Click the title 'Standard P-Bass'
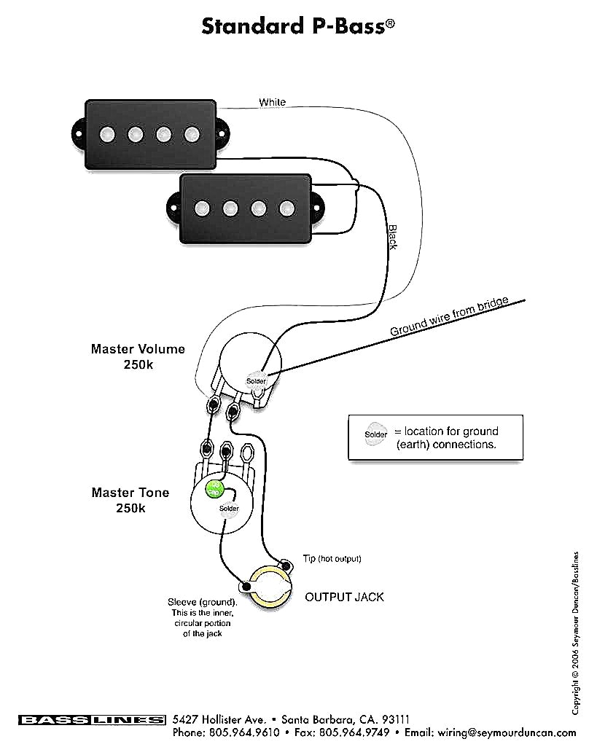tap(298, 27)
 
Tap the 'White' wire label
tap(273, 103)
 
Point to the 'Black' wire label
tap(392, 237)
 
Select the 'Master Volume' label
tap(138, 349)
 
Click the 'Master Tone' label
tap(130, 493)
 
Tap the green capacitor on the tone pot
tap(214, 489)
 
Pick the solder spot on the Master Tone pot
tap(229, 509)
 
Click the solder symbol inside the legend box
tap(376, 435)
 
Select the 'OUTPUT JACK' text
tap(344, 597)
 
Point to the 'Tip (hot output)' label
tap(332, 559)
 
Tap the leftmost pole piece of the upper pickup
tap(107, 134)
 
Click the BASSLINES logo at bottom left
tap(92, 720)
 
